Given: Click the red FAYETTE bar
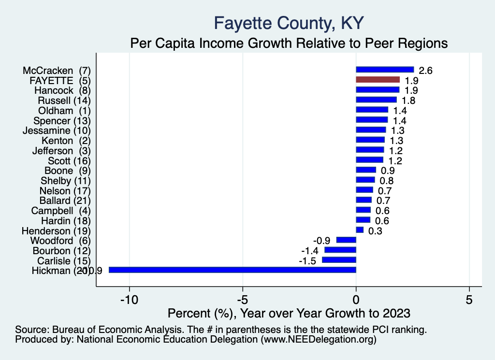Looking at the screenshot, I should click(x=378, y=80).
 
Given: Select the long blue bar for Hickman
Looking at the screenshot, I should click(x=233, y=270).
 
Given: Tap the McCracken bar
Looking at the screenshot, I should click(x=385, y=70).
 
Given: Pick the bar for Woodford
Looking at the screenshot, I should click(x=346, y=240).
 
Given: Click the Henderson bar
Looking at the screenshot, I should click(x=360, y=230).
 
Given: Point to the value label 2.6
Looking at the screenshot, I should click(x=425, y=71).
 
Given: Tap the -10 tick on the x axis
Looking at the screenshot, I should click(x=129, y=300).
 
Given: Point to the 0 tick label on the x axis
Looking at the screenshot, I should click(x=356, y=300).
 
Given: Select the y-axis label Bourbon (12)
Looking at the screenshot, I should click(x=61, y=251).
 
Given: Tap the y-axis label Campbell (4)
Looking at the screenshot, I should click(x=61, y=211).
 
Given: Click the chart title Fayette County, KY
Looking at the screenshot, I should click(x=289, y=23).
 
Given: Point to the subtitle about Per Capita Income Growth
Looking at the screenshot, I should click(x=289, y=43).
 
